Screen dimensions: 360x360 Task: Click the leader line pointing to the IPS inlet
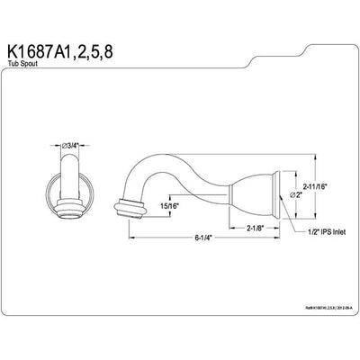(289, 220)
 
